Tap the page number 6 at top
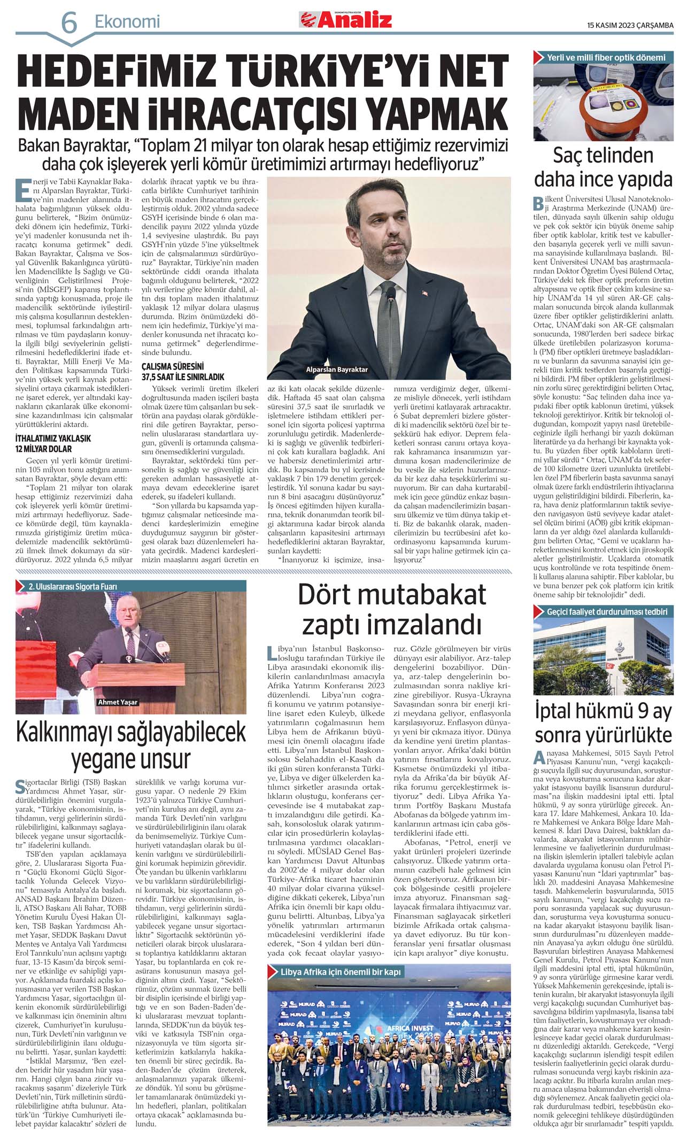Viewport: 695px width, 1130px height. coord(69,23)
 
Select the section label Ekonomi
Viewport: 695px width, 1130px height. coord(127,22)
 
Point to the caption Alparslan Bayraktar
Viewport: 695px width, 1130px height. coord(336,370)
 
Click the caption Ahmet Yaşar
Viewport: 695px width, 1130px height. coord(118,702)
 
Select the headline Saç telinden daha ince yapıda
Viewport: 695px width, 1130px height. coord(603,166)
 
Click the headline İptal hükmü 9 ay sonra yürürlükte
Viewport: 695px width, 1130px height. coord(603,722)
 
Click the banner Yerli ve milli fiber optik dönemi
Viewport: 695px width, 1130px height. coord(606,57)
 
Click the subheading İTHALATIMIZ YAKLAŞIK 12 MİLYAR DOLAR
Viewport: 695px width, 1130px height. coord(53,443)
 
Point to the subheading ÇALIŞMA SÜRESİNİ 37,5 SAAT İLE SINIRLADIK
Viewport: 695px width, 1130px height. coord(182,372)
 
